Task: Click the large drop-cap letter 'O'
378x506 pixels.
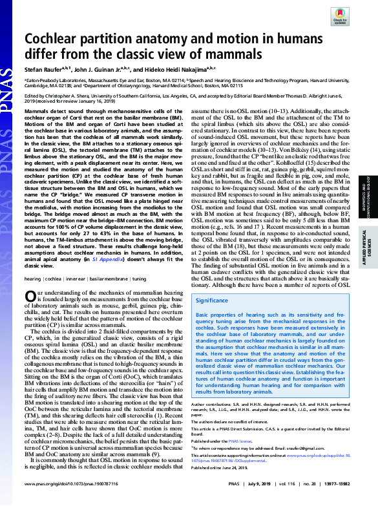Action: (30, 296)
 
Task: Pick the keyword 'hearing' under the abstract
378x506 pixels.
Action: (33, 279)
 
